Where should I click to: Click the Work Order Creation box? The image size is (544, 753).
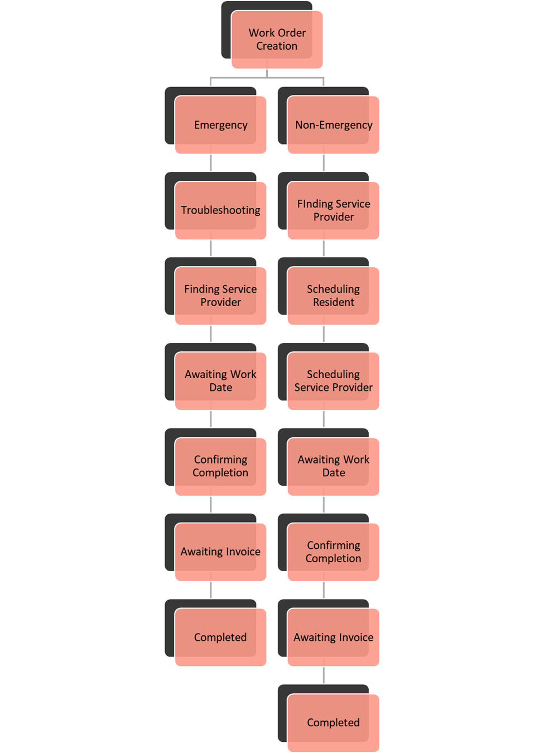tap(277, 40)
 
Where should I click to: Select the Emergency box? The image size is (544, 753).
tap(220, 125)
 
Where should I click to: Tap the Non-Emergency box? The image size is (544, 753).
tap(334, 125)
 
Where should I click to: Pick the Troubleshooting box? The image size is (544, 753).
tap(220, 210)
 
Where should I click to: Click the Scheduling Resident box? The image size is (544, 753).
tap(334, 296)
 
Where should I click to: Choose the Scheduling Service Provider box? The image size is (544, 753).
tap(334, 381)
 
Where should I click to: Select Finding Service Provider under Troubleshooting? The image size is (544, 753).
tap(220, 296)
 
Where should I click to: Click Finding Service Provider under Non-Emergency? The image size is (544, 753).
tap(334, 210)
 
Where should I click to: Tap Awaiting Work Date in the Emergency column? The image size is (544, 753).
tap(220, 381)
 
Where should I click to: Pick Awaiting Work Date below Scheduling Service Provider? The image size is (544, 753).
tap(334, 466)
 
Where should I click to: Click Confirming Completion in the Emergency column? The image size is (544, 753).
tap(220, 466)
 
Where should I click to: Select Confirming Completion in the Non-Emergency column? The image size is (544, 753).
tap(334, 552)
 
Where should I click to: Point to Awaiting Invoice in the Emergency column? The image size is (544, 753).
tap(220, 552)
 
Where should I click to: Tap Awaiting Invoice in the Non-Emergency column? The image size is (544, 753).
tap(334, 637)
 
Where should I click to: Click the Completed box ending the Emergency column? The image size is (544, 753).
tap(220, 637)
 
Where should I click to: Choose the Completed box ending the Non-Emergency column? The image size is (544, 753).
tap(334, 722)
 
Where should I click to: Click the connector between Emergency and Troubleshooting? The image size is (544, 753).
tap(211, 163)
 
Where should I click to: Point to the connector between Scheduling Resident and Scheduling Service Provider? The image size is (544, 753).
tap(324, 334)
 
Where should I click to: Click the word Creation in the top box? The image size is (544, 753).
tap(277, 46)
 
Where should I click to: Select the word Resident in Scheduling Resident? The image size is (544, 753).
tap(334, 302)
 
